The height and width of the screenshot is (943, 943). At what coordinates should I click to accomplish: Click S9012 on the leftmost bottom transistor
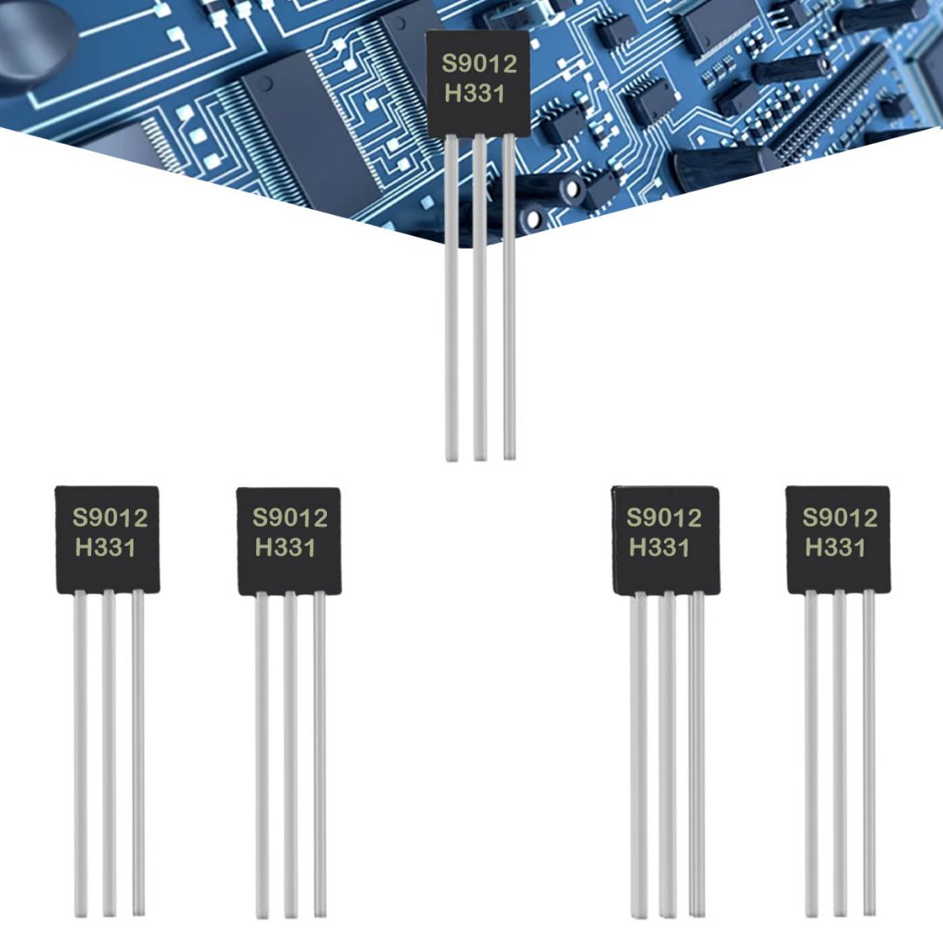click(111, 518)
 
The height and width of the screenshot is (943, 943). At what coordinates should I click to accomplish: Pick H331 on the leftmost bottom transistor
click(105, 548)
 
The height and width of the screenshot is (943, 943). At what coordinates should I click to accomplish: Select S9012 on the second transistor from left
click(290, 518)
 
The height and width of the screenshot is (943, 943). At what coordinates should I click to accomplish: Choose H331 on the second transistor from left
click(285, 548)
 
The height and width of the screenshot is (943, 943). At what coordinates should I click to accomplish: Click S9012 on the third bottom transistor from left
click(664, 518)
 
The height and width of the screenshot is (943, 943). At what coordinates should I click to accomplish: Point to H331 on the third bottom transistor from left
click(659, 547)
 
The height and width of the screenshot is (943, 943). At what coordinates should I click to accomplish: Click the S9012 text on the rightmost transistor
click(839, 518)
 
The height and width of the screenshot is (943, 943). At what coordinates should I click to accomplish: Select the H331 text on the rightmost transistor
click(835, 547)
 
